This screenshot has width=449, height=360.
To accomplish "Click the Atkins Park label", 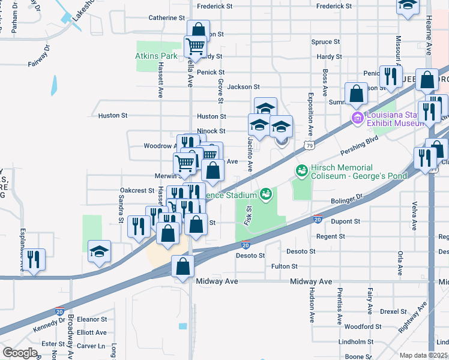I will (155, 56).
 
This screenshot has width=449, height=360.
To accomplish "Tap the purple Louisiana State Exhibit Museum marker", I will (357, 116).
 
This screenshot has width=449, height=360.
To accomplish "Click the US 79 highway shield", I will (309, 145).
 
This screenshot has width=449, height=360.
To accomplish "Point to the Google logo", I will (20, 353).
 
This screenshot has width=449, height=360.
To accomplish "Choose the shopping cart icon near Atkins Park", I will (195, 46).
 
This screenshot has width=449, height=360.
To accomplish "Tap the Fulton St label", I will (285, 266).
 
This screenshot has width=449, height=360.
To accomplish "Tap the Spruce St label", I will (325, 42).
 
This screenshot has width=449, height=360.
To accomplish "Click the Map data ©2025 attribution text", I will (423, 355).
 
